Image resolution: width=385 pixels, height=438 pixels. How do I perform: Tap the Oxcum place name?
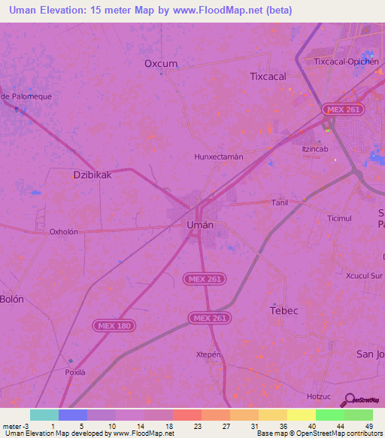pyautogui.click(x=161, y=64)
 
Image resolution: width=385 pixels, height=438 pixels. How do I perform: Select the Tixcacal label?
pyautogui.click(x=268, y=76)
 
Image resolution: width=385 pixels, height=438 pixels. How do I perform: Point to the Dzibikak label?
pyautogui.click(x=92, y=174)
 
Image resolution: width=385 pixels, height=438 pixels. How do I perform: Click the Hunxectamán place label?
pyautogui.click(x=219, y=157)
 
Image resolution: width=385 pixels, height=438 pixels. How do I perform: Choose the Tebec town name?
pyautogui.click(x=284, y=310)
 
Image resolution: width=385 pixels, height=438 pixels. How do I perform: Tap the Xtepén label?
pyautogui.click(x=208, y=354)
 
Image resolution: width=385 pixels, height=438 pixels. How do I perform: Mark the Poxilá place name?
pyautogui.click(x=75, y=373)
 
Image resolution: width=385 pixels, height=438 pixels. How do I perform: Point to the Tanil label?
pyautogui.click(x=280, y=202)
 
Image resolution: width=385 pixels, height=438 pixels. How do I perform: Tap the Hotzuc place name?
pyautogui.click(x=319, y=395)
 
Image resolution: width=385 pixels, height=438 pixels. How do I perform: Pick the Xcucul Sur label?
pyautogui.click(x=365, y=276)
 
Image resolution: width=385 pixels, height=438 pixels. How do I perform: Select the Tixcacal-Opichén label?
pyautogui.click(x=344, y=62)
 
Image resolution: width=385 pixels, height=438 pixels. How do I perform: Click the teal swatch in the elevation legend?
pyautogui.click(x=44, y=415)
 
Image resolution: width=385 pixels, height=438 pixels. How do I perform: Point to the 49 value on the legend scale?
pyautogui.click(x=368, y=426)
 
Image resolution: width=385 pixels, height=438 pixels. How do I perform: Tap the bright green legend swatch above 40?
pyautogui.click(x=330, y=415)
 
